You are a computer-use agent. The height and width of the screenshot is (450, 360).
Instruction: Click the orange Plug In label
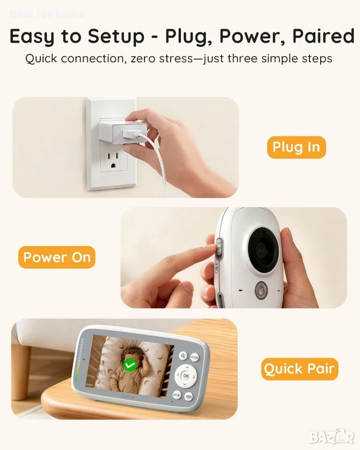(296, 147)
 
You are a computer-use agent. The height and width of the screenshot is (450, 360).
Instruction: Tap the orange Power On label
(57, 257)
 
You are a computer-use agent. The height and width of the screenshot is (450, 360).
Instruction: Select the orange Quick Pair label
(300, 369)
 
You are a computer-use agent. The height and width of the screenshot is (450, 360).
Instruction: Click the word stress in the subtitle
(176, 59)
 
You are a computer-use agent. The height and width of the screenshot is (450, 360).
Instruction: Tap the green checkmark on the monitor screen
(130, 365)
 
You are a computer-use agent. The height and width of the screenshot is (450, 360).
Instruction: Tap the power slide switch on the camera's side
(219, 248)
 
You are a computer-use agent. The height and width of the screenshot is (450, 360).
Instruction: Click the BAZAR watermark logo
(331, 437)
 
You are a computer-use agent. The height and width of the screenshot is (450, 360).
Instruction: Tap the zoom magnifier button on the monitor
(183, 356)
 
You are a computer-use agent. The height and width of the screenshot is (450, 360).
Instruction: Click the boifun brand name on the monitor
(128, 397)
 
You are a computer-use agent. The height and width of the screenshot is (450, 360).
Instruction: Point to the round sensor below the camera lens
(261, 288)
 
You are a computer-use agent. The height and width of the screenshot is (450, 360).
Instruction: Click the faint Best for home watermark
(47, 14)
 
